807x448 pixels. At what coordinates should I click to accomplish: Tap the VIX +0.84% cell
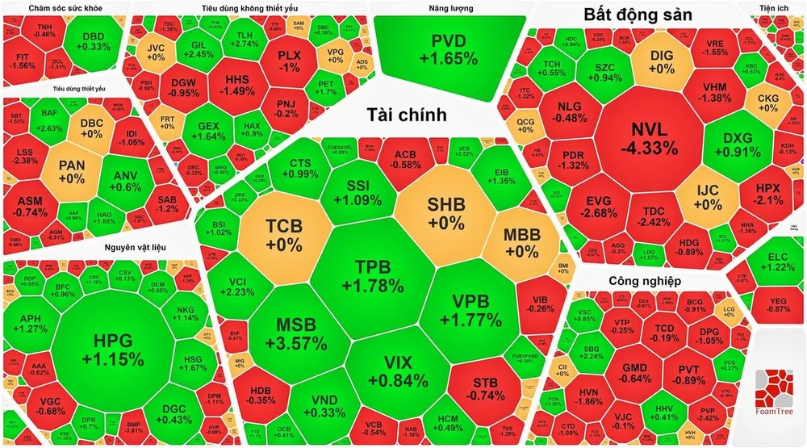(386, 371)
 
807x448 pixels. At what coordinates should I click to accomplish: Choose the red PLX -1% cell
(288, 61)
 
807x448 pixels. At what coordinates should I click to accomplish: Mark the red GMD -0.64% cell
(636, 374)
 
